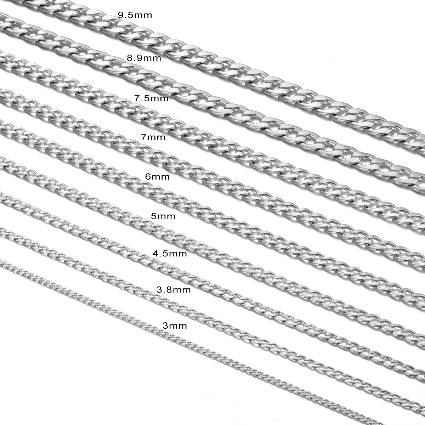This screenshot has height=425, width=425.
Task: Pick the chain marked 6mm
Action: coord(212,207)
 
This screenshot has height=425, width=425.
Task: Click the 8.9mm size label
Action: coord(144,58)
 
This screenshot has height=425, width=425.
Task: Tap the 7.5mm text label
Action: coord(151,98)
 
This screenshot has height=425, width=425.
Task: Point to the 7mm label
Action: coord(153,137)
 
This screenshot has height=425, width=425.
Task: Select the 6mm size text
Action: coord(157,176)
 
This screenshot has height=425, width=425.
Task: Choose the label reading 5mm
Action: coord(163,216)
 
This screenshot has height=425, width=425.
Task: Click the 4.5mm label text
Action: coord(170,254)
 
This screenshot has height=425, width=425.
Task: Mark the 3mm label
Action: coord(175,325)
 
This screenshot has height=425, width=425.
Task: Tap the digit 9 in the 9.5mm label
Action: coord(121,15)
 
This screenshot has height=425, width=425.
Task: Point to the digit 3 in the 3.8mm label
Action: coord(159,290)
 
